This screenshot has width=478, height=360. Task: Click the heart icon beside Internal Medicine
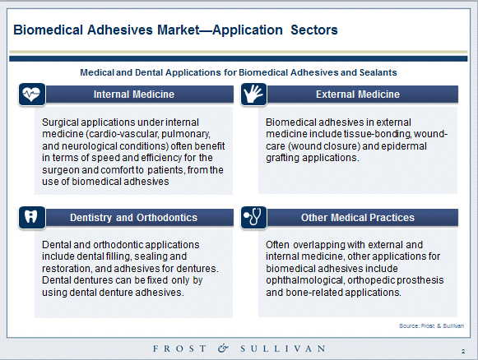pos(32,95)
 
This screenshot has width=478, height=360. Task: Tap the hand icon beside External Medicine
pos(253,95)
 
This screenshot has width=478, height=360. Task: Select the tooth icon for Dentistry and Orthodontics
pos(32,218)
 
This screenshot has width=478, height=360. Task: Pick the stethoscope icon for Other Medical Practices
pos(253,218)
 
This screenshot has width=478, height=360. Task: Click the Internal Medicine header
pos(134,95)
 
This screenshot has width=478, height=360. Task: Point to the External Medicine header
pos(358,95)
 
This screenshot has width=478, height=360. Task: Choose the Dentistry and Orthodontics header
pos(133,218)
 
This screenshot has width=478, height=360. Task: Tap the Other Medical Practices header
pos(358,218)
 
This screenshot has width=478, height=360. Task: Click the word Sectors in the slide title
pos(314,30)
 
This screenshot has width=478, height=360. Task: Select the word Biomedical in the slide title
pos(49,30)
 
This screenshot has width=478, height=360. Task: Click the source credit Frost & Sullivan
pos(431,325)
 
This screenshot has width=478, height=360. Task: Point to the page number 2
pos(463,352)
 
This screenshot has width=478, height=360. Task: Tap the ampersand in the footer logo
pos(223,348)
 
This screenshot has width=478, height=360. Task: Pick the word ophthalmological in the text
pos(305,280)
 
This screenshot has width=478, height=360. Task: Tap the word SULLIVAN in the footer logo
pos(282,348)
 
